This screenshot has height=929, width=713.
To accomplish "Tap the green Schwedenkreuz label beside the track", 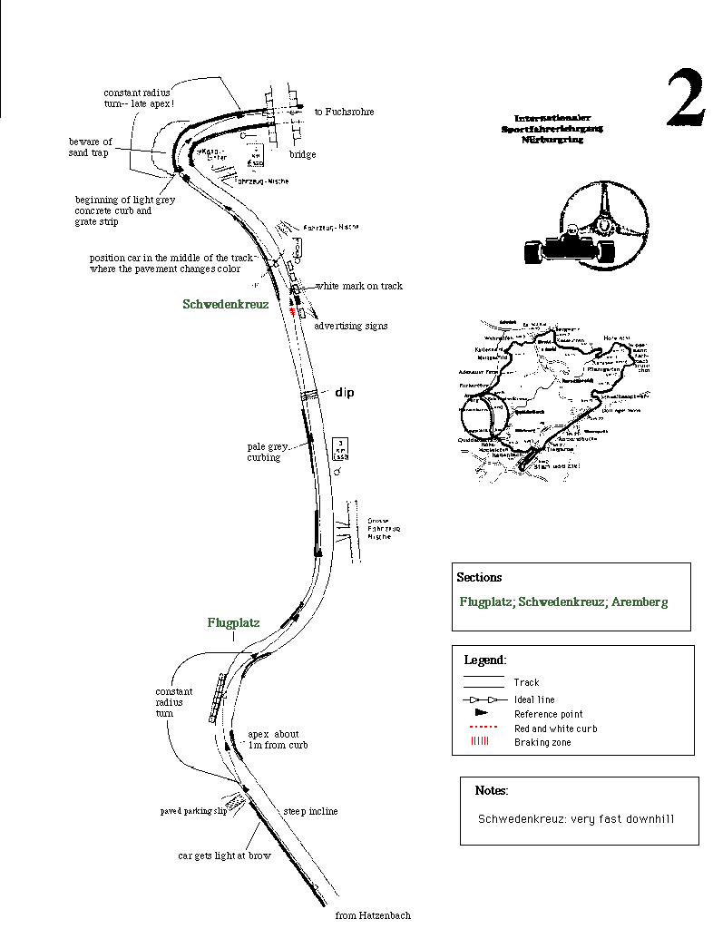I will tap(225, 305).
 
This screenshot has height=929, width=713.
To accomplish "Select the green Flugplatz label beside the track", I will tap(233, 622).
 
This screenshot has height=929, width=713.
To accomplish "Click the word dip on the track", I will tap(345, 393).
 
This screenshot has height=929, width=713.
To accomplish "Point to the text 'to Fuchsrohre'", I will tap(344, 112).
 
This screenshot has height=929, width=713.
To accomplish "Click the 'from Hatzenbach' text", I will tap(373, 914).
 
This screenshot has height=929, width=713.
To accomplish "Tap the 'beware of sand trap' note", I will tap(90, 148).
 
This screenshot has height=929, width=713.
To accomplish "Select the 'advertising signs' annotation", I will tap(350, 325).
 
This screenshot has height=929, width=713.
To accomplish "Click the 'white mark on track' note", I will tap(359, 286).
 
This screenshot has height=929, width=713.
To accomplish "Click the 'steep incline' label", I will tap(310, 811).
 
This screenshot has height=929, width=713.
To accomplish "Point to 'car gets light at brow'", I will tap(224, 856).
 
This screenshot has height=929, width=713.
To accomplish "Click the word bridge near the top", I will tap(302, 154).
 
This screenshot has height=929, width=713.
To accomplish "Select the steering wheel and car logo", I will tap(586, 227).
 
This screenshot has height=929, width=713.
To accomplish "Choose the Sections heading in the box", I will tap(479, 577).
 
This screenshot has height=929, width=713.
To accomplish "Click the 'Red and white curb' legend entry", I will tap(555, 729).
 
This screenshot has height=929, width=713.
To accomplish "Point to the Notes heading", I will tap(491, 791).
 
